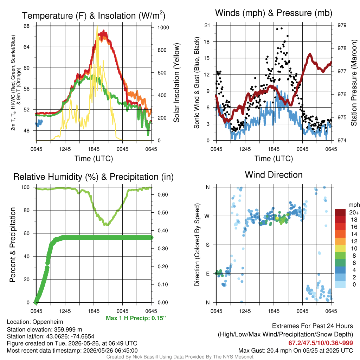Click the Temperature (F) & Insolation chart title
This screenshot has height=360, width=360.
click(x=94, y=15)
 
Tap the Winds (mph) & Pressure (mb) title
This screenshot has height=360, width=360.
click(x=274, y=13)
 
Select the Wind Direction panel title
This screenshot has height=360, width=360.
click(x=274, y=175)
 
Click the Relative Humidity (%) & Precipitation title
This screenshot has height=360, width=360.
click(x=94, y=177)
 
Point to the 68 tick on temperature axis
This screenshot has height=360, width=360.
click(x=26, y=26)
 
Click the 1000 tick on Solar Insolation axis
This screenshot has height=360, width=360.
click(x=163, y=27)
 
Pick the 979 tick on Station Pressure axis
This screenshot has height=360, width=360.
click(x=342, y=25)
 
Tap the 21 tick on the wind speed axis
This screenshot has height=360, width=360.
click(x=207, y=25)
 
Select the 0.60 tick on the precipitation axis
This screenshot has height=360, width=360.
click(x=163, y=194)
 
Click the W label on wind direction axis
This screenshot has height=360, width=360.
click(x=207, y=216)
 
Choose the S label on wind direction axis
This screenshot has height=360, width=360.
click(x=207, y=245)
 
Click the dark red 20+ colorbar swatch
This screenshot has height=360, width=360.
click(x=340, y=212)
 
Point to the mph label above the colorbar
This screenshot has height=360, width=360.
click(x=354, y=205)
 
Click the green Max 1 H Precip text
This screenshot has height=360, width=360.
click(x=136, y=318)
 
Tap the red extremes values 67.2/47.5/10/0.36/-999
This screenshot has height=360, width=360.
click(x=321, y=343)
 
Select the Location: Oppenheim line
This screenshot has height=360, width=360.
click(x=35, y=322)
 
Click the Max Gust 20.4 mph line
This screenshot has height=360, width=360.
click(x=295, y=351)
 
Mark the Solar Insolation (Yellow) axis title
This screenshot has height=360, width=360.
click(x=176, y=83)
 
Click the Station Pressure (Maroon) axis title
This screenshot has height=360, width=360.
click(x=354, y=83)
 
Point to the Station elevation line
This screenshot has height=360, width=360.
click(x=44, y=329)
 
